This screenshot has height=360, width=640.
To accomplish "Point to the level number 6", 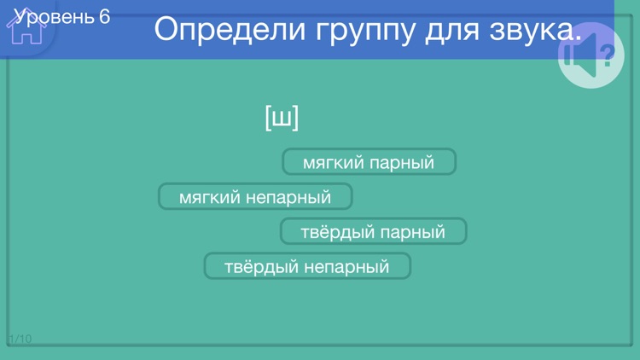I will [x=104, y=16].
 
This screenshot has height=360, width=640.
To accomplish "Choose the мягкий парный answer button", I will [x=369, y=162].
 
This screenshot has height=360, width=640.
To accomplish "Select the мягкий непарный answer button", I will [x=255, y=197].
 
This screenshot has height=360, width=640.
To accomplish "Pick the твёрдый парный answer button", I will [x=373, y=232].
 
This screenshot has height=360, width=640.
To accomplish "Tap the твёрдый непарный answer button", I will [x=307, y=267].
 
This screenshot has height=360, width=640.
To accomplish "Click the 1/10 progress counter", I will [x=20, y=339].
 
